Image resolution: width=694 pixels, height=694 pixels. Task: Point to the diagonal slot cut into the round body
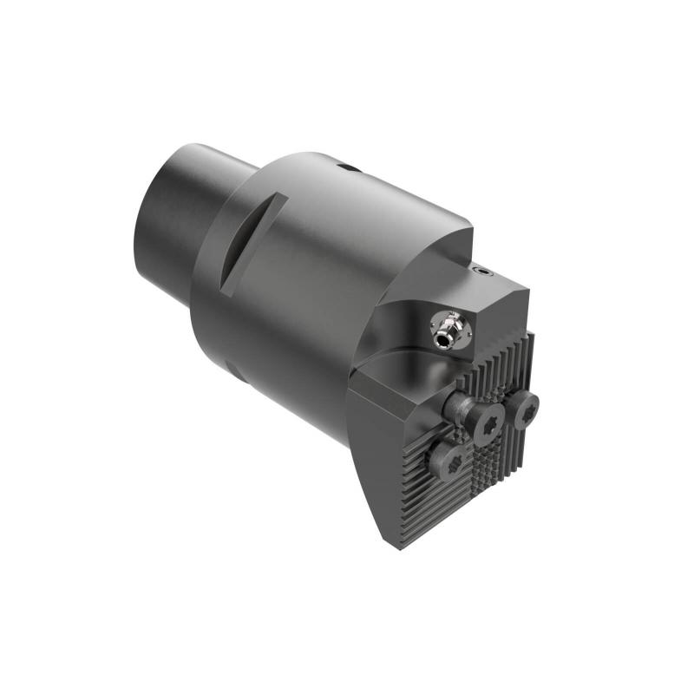(254, 239)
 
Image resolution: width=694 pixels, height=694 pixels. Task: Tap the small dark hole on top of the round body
(348, 167)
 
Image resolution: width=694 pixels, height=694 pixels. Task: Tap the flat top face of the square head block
(494, 299)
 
